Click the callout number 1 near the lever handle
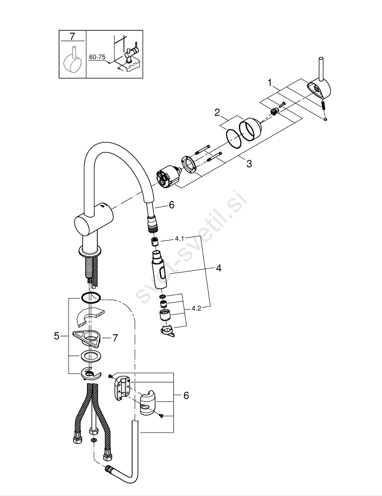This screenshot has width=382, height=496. pos(270,83)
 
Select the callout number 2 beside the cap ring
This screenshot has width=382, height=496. pos(217,112)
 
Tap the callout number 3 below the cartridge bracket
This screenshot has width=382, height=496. pos(249,164)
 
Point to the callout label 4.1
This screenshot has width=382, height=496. pos(179,239)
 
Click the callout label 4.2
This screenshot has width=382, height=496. pos(196,309)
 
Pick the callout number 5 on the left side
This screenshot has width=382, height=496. pos(57,336)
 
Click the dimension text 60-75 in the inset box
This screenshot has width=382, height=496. pos(96,57)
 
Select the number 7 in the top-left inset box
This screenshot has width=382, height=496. pos(72,36)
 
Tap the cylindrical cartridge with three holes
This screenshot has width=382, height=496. pos(168,176)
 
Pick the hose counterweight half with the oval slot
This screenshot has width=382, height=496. pos(148,403)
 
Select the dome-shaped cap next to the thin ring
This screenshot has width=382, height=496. pos(250,129)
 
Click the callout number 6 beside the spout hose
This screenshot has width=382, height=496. pos(171,205)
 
